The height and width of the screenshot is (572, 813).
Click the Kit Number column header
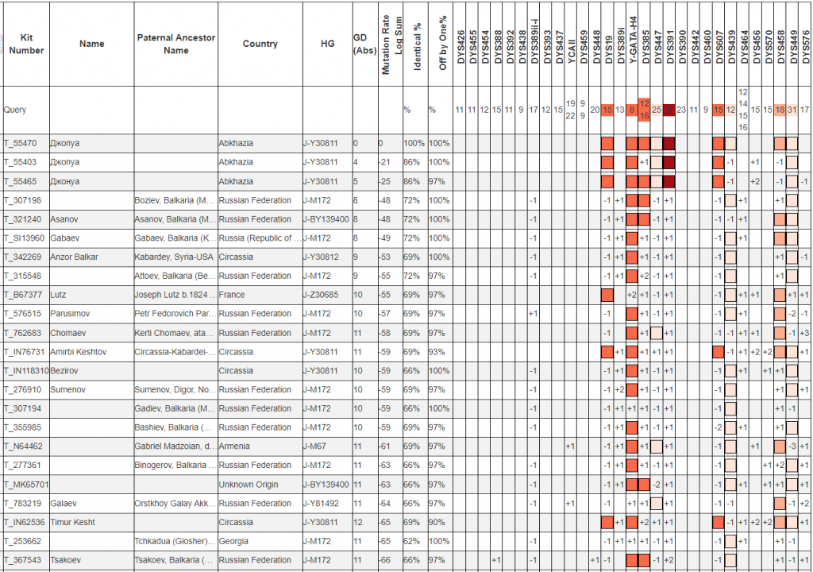[x=26, y=44]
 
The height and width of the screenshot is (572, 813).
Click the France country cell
[x=233, y=295]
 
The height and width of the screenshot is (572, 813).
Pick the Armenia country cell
[x=236, y=446]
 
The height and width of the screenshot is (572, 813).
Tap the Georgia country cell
[x=235, y=541]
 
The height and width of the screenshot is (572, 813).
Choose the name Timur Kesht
[x=74, y=522]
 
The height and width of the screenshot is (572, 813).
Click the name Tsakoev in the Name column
[x=67, y=560]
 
